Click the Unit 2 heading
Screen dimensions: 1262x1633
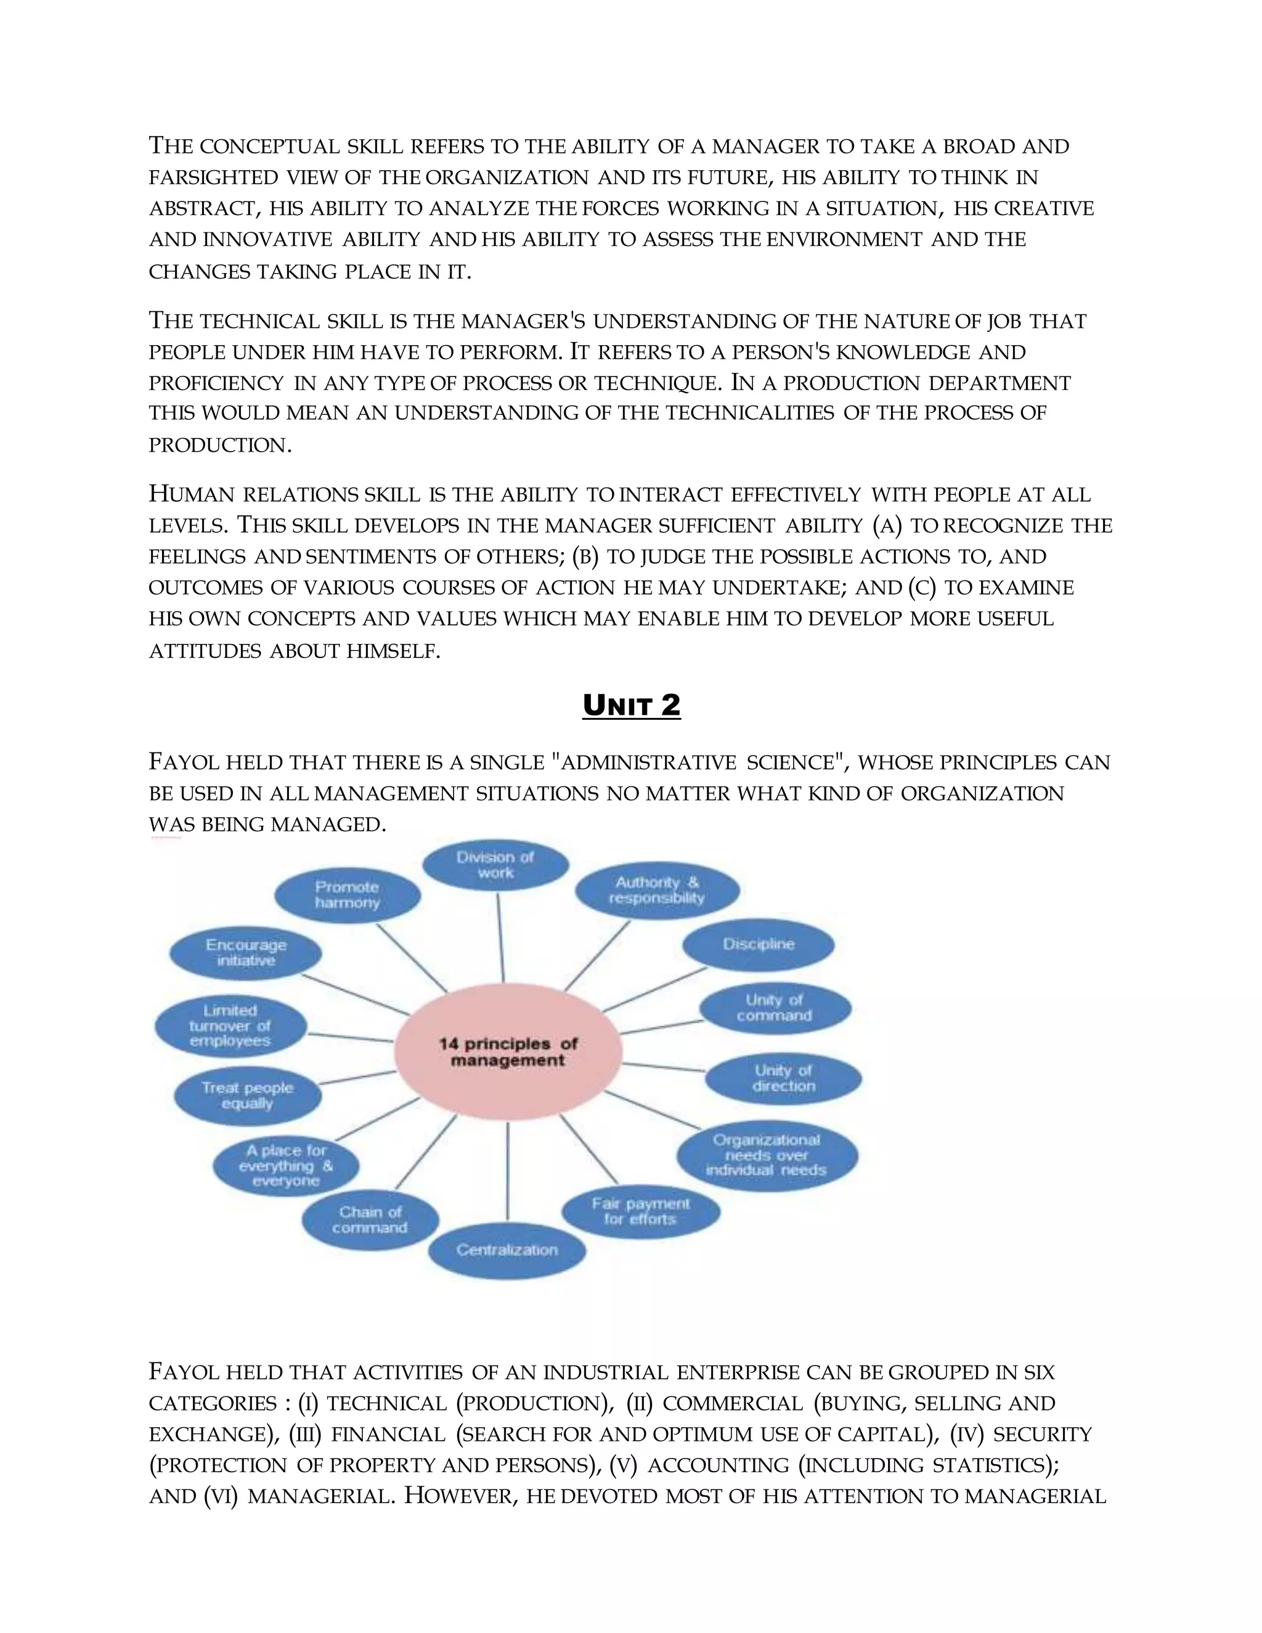[631, 706]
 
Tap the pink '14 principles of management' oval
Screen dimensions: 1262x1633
[508, 1052]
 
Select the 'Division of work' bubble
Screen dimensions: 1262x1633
[495, 865]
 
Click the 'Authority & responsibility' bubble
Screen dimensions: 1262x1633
[657, 890]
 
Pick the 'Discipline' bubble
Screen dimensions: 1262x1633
[758, 944]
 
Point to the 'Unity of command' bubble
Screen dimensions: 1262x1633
[775, 1008]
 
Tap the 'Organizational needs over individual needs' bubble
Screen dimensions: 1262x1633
[767, 1155]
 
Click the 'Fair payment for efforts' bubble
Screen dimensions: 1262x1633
[641, 1212]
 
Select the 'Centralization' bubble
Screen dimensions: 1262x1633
[507, 1250]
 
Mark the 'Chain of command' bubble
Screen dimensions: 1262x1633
[370, 1220]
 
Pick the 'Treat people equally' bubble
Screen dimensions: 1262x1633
[248, 1096]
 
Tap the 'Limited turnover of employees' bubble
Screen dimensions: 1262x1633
[230, 1026]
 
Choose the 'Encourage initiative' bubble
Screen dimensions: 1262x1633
[246, 953]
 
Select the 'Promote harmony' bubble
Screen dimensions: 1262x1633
[347, 895]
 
